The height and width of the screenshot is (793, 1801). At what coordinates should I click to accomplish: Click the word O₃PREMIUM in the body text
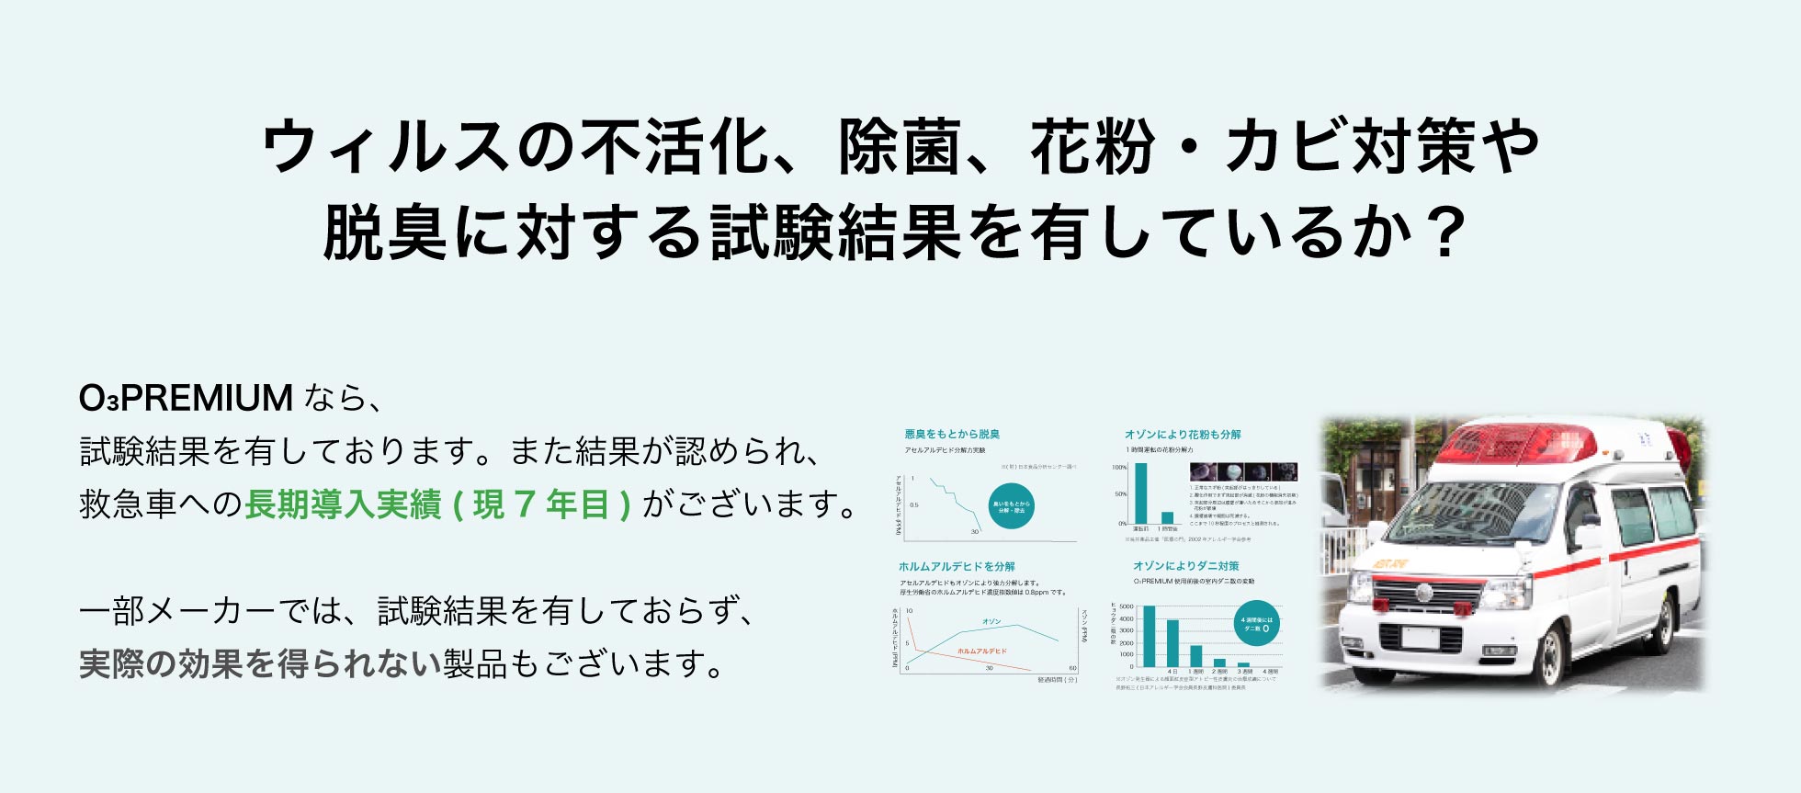click(186, 399)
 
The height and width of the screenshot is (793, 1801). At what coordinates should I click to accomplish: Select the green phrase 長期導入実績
click(343, 504)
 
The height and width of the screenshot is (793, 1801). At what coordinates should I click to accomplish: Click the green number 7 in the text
click(525, 504)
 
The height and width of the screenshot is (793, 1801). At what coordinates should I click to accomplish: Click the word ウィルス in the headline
click(385, 147)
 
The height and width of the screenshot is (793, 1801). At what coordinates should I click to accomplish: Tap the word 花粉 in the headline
click(1092, 147)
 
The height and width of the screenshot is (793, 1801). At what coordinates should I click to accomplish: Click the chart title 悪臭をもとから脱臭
click(952, 434)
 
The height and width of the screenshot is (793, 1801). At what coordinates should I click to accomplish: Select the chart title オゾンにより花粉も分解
click(1183, 434)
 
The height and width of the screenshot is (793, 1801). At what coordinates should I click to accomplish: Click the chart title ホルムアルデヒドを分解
click(957, 566)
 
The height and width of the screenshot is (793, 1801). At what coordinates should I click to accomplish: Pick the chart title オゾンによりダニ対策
click(1185, 566)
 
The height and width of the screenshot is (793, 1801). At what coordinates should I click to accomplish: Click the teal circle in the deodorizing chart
click(1011, 506)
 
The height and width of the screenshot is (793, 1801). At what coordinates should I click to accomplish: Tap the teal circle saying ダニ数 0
click(1256, 624)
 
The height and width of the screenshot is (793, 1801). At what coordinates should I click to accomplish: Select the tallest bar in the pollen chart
click(1141, 493)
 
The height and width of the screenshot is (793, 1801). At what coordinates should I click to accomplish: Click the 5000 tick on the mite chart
click(1127, 607)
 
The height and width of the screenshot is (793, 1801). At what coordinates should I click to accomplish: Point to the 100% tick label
click(1119, 468)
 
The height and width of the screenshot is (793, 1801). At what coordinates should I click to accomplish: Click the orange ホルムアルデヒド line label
click(981, 651)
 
